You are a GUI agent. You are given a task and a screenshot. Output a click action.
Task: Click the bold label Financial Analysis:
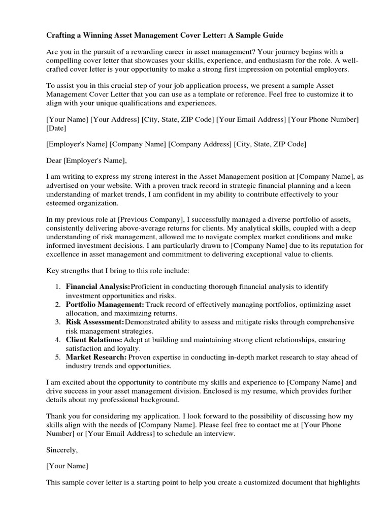click(x=98, y=287)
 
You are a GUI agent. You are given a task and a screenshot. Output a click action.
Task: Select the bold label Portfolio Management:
click(x=105, y=305)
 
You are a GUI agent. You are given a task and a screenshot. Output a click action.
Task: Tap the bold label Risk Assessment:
click(x=95, y=322)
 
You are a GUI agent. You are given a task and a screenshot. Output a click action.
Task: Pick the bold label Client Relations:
click(x=94, y=340)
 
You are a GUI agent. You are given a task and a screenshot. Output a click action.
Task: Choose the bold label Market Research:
click(x=96, y=357)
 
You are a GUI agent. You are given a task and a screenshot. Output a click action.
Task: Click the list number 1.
click(x=57, y=287)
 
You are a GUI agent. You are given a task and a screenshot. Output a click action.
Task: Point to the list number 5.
click(x=57, y=357)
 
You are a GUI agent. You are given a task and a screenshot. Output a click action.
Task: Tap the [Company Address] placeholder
click(x=200, y=144)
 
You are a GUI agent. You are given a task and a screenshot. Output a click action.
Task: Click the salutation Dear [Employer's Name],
click(x=86, y=161)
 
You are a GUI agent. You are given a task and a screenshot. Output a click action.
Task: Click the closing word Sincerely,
click(x=62, y=450)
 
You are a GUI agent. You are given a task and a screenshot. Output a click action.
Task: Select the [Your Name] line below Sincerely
click(x=67, y=466)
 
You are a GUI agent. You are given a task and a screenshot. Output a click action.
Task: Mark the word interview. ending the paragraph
click(x=221, y=434)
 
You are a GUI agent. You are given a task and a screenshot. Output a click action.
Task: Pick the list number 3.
click(x=57, y=322)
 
